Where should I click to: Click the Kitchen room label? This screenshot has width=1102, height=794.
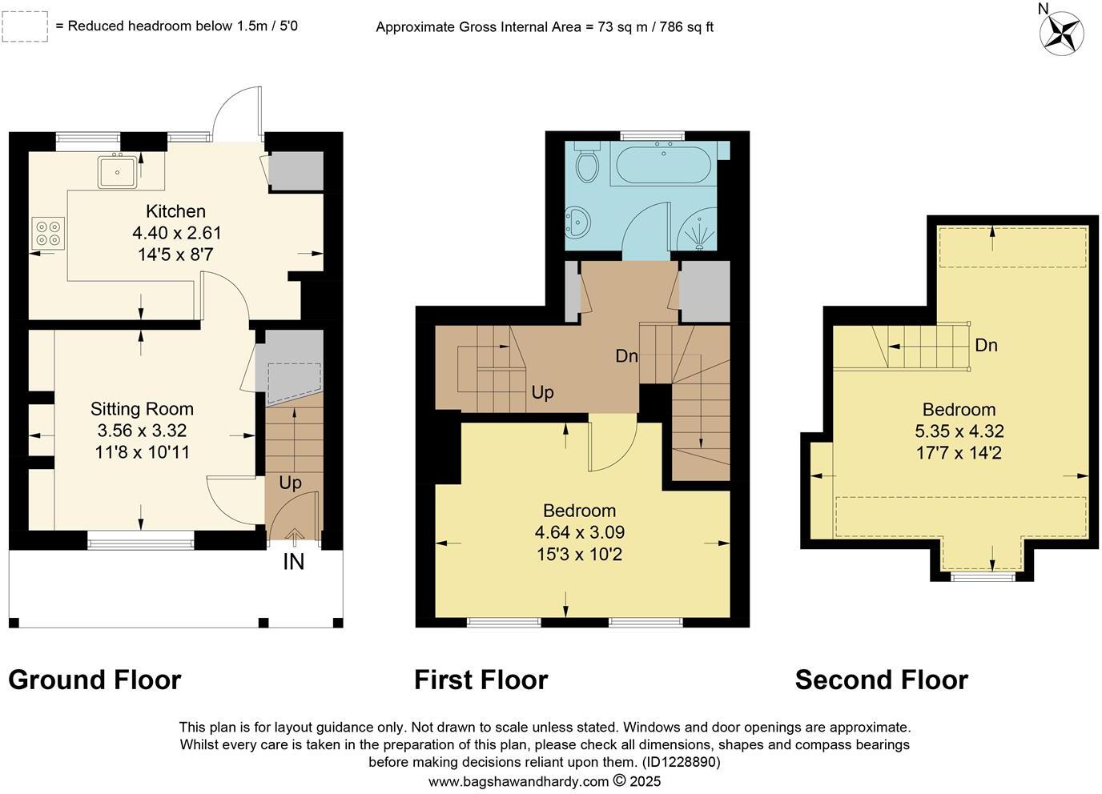pos(175,211)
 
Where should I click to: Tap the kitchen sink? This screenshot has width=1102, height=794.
pos(117,171)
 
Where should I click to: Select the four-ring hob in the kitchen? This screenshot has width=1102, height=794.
pos(48,233)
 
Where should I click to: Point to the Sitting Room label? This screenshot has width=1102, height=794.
pos(142,409)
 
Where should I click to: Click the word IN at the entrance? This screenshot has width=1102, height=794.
pos(294,562)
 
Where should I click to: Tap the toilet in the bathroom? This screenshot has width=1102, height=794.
pos(587,162)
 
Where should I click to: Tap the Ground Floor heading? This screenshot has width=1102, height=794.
pos(95,680)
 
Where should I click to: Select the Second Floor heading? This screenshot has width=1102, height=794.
pos(882,680)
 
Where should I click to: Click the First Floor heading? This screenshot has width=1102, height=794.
pos(481,680)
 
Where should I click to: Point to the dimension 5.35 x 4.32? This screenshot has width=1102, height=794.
pos(959,431)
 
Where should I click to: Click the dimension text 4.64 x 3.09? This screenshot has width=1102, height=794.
pos(580,532)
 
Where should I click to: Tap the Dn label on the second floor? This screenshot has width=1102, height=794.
pos(987,346)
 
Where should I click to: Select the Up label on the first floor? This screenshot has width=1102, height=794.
pos(543,393)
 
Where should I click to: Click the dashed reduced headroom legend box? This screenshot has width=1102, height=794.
pos(25,26)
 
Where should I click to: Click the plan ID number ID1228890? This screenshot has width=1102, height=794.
pos(682,762)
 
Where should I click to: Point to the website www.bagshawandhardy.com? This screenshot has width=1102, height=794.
pos(518,782)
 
